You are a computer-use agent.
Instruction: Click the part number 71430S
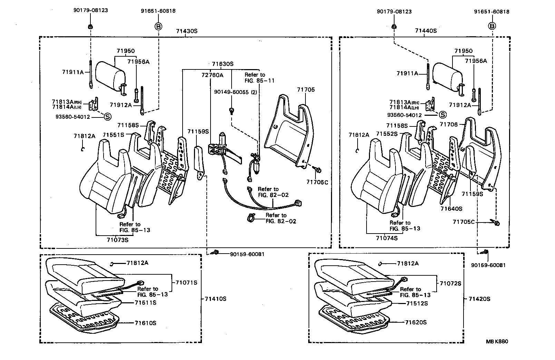tap(186, 31)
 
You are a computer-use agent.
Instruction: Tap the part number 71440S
tap(426, 31)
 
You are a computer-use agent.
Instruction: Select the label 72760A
tap(212, 75)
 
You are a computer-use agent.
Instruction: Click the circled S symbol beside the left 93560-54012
tap(107, 117)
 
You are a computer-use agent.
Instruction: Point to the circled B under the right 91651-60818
tap(492, 26)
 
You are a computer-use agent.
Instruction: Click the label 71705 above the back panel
tap(305, 90)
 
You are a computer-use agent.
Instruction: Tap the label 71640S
tap(451, 209)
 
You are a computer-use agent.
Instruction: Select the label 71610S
tap(145, 323)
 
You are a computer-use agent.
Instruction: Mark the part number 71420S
tap(479, 299)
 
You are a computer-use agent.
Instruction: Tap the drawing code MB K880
tap(497, 342)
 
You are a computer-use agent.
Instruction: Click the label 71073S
tap(117, 239)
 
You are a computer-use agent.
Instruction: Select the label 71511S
tap(145, 303)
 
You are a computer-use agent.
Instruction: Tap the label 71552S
tap(387, 134)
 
